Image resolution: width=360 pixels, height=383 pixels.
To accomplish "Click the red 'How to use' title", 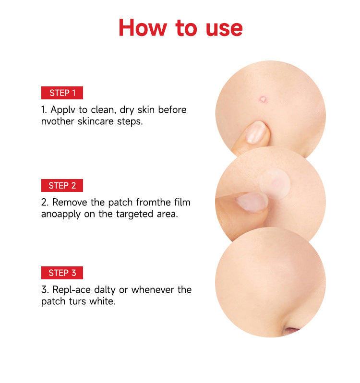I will [180, 27].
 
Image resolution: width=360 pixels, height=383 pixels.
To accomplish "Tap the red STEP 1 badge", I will [62, 93].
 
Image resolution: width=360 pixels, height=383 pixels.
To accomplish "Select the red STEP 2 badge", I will [62, 185].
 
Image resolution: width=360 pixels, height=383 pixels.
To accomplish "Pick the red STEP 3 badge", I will [62, 273].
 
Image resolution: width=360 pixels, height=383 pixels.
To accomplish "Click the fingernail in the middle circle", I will [252, 202].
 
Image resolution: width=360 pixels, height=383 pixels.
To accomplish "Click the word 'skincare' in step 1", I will [96, 121].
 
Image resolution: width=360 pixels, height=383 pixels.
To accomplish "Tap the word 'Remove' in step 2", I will [69, 203].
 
